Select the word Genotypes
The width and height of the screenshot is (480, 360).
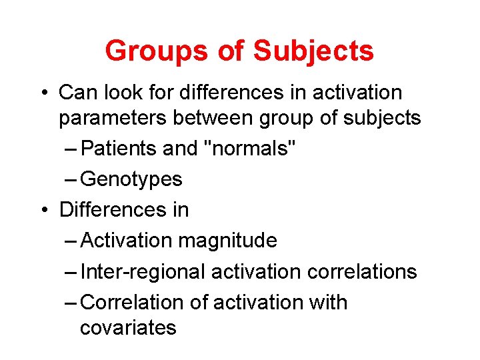131,179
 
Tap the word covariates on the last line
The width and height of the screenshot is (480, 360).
128,328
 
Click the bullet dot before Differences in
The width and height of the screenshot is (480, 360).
43,210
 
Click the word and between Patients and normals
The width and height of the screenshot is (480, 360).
181,149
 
